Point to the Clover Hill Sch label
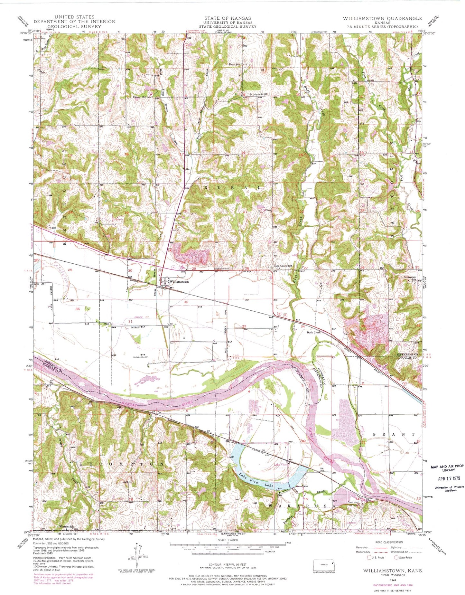pyautogui.click(x=142, y=97)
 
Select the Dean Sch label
pyautogui.click(x=235, y=64)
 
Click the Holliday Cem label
pyautogui.click(x=140, y=357)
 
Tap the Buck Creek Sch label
pyautogui.click(x=283, y=266)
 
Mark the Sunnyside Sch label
pyautogui.click(x=410, y=279)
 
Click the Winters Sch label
pyautogui.click(x=67, y=527)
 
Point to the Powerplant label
pyautogui.click(x=353, y=502)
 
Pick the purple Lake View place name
pyautogui.click(x=280, y=465)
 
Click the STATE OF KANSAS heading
pyautogui.click(x=228, y=18)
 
